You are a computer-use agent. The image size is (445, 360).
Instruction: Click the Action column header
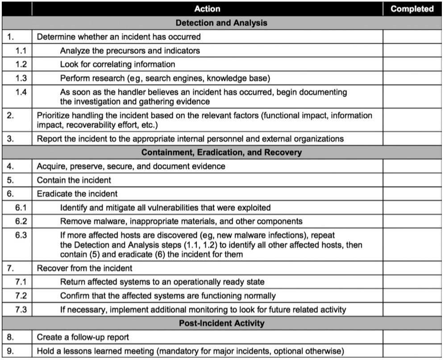pos(207,8)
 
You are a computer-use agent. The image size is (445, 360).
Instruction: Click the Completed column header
pos(412,8)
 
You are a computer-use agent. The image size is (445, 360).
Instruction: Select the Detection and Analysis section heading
pos(221,22)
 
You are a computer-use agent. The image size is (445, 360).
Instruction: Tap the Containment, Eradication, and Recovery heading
pos(221,153)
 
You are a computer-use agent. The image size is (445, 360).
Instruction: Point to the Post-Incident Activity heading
pos(221,323)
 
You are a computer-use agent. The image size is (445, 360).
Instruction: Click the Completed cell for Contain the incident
pos(412,180)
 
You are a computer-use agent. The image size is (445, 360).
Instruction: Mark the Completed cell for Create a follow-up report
pos(412,338)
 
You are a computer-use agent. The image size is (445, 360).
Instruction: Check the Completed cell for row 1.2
pos(412,65)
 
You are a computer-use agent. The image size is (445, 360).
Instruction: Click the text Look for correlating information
pos(117,65)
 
